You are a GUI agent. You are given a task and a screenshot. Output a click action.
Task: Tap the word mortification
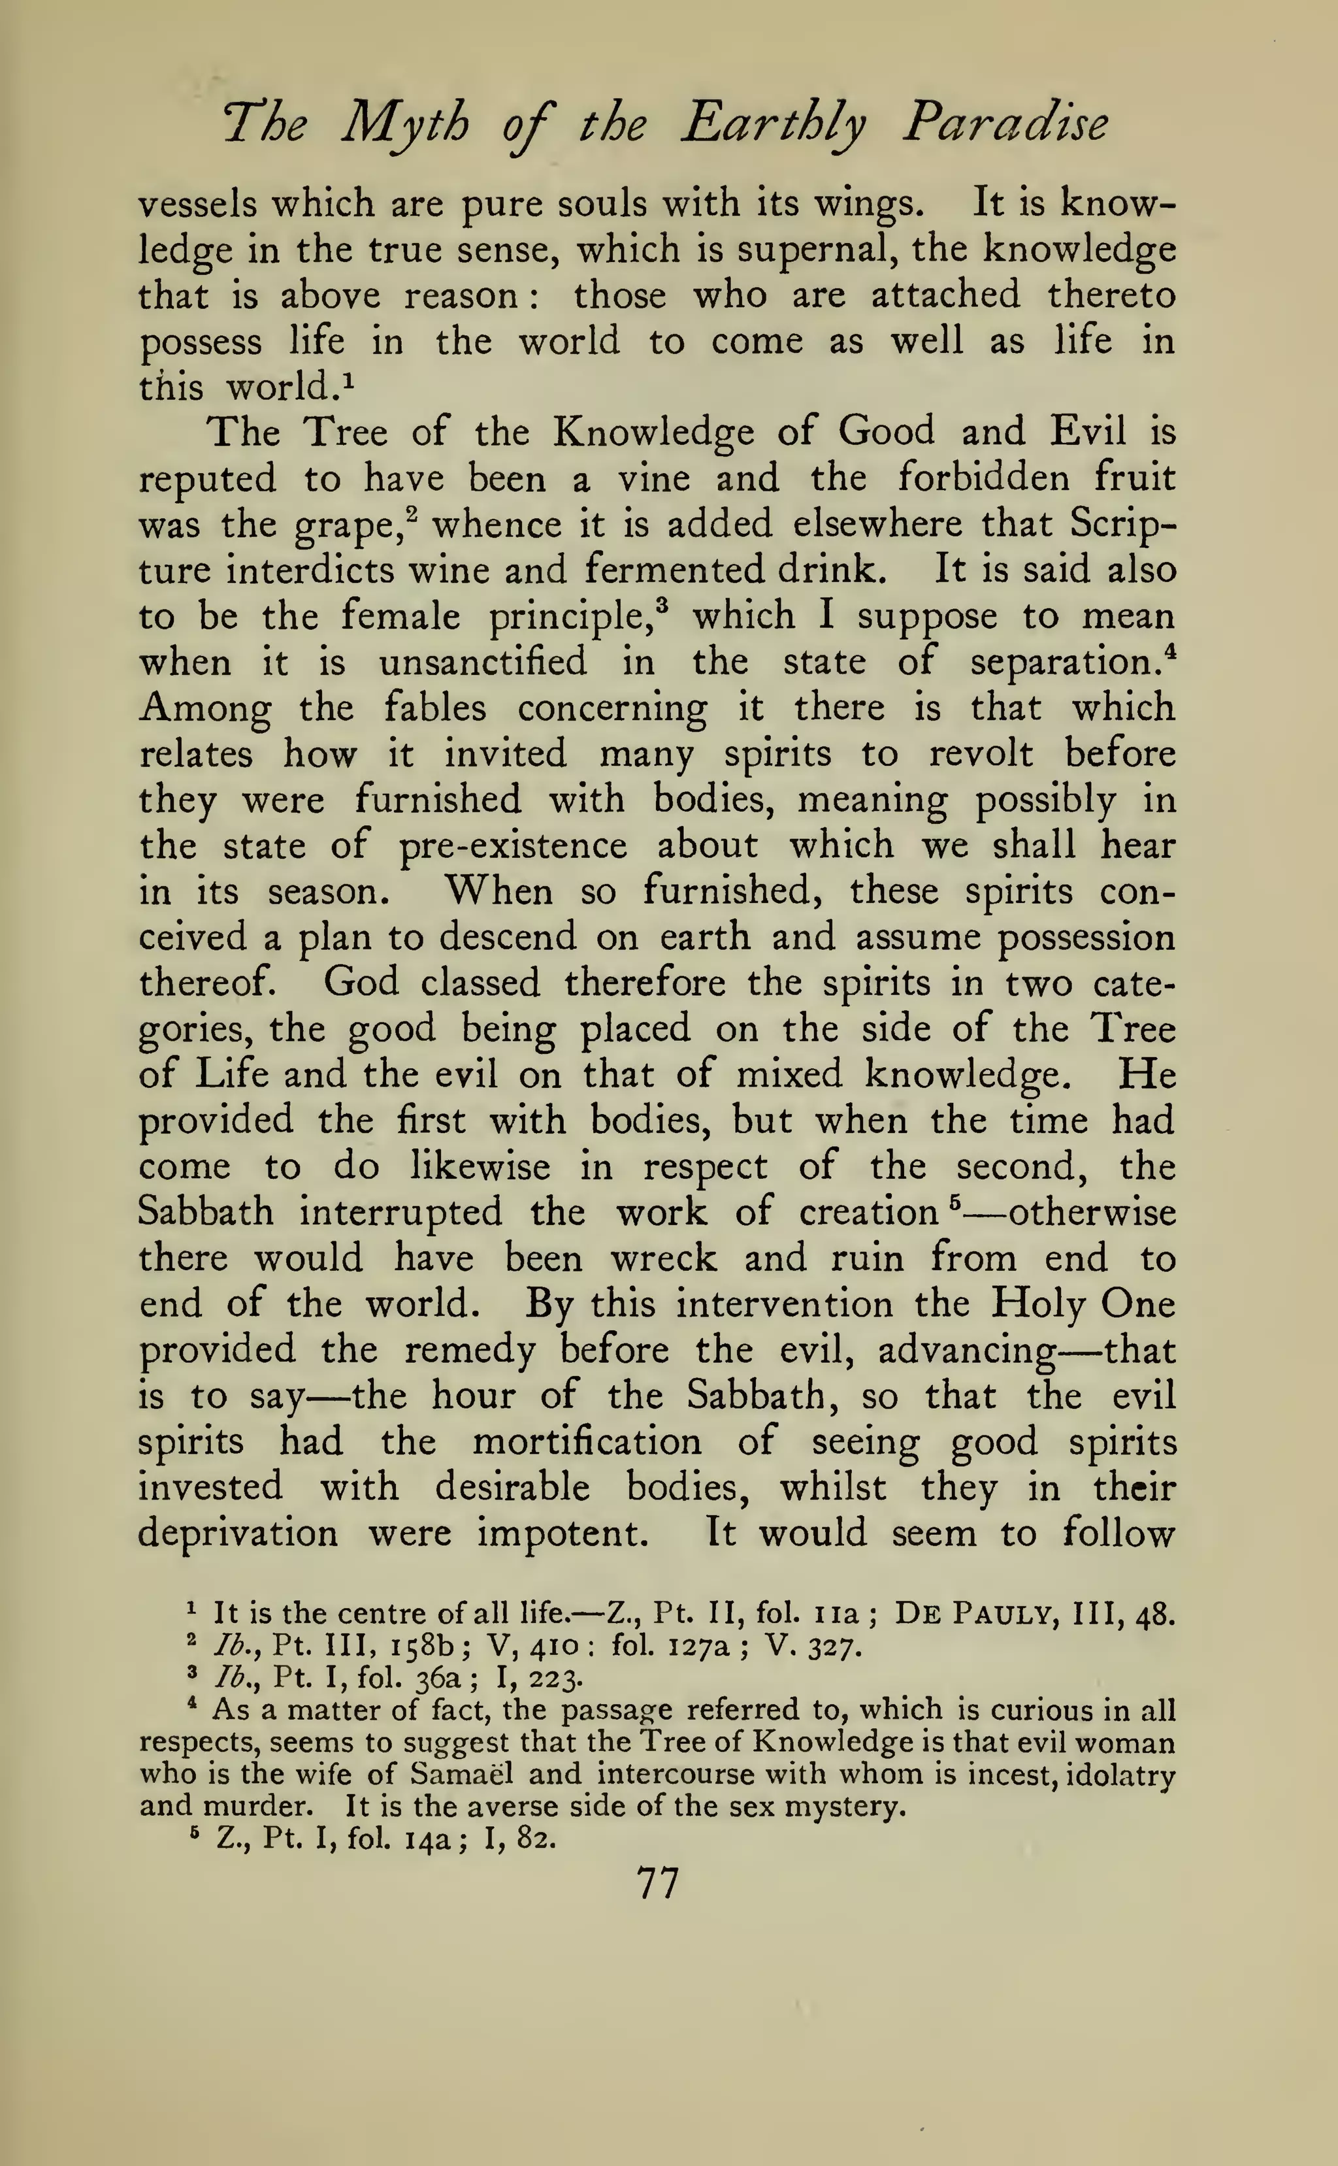587,1442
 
